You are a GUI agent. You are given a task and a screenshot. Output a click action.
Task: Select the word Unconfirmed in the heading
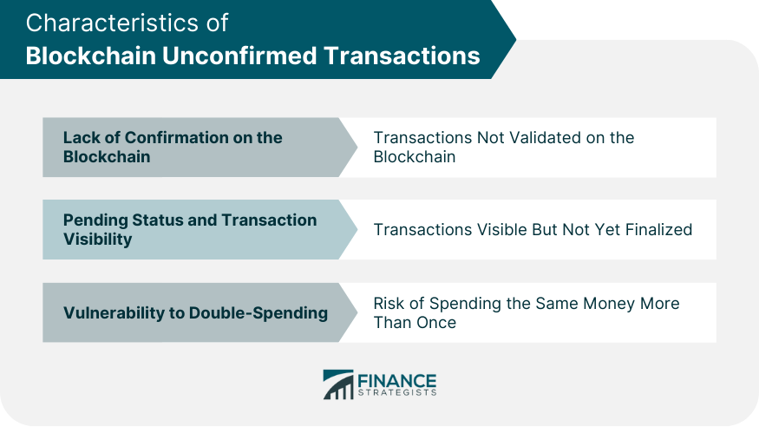(239, 56)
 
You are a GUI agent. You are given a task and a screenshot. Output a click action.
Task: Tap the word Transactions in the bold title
(402, 56)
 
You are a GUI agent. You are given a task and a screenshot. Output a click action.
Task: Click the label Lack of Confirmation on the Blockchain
(173, 148)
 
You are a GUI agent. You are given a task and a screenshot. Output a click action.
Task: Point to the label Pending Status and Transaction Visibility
(190, 229)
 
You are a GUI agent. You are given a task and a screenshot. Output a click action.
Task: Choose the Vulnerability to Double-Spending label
(195, 313)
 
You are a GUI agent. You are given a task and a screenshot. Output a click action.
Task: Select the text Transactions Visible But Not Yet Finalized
(533, 229)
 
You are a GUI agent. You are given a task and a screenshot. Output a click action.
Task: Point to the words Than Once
(415, 323)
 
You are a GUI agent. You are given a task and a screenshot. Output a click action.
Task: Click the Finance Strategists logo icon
(338, 384)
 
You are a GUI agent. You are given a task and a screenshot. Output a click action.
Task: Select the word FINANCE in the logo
(397, 380)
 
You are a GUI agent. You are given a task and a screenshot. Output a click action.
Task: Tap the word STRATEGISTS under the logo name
(397, 392)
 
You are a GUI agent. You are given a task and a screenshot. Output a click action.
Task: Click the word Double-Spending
(258, 313)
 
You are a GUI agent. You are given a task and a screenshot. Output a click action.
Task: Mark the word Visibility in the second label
(97, 240)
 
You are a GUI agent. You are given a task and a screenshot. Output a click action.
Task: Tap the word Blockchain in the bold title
(91, 56)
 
